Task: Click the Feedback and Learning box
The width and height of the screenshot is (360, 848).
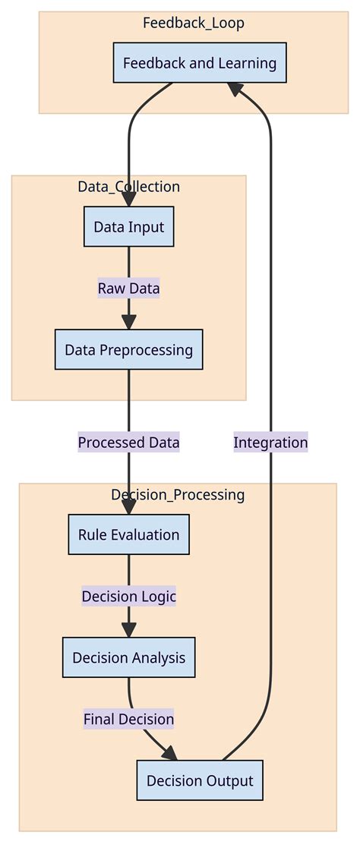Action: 200,63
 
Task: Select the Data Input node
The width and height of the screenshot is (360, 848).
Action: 128,226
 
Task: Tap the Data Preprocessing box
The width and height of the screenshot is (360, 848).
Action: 128,350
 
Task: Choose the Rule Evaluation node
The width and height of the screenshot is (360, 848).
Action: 128,534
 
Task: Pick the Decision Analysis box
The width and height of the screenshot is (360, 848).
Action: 128,657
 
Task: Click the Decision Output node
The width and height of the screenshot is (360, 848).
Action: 200,780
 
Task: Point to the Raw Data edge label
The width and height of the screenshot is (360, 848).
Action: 128,288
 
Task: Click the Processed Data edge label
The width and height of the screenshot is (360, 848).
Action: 128,443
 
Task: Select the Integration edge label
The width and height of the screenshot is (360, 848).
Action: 270,443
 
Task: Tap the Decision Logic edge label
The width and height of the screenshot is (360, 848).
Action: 128,597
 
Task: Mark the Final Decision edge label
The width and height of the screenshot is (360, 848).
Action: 128,718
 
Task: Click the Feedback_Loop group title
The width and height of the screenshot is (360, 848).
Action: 194,23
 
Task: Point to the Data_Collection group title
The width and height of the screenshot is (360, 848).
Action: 128,187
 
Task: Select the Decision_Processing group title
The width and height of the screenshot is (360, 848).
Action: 178,495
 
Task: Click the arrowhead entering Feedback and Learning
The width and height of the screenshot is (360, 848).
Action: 235,90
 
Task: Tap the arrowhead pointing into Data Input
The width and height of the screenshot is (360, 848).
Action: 128,199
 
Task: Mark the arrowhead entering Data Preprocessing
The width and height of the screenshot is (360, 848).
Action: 128,322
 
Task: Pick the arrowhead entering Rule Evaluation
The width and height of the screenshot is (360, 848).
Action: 128,507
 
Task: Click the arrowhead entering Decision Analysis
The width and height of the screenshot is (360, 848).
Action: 128,630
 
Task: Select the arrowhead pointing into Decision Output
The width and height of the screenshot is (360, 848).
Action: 169,753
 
